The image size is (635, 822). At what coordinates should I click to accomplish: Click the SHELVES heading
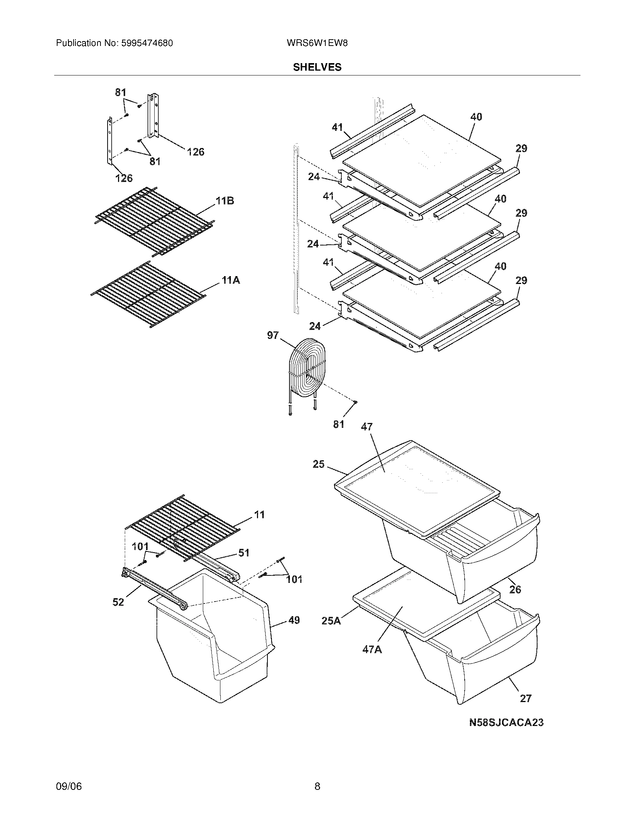click(x=317, y=67)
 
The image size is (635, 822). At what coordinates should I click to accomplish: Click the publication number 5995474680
click(x=146, y=43)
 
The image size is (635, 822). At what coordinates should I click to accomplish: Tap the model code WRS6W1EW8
click(x=317, y=43)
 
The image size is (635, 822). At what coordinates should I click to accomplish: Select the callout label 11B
click(x=224, y=201)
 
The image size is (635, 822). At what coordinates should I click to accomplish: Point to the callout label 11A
click(x=230, y=280)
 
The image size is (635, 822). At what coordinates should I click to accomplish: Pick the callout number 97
click(x=273, y=335)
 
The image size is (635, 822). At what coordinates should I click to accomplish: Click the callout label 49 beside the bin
click(x=294, y=620)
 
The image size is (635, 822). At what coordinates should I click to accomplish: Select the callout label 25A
click(x=331, y=621)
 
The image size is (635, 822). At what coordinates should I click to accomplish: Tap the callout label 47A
click(x=372, y=649)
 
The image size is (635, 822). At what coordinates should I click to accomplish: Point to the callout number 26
click(x=515, y=589)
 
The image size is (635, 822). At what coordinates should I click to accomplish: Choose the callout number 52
click(x=118, y=602)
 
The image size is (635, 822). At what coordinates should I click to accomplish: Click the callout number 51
click(x=244, y=553)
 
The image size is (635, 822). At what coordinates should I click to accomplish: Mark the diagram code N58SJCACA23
click(x=506, y=722)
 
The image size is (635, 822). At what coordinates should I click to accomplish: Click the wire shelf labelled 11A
click(x=149, y=296)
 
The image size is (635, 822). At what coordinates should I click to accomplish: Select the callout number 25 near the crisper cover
click(x=318, y=464)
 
